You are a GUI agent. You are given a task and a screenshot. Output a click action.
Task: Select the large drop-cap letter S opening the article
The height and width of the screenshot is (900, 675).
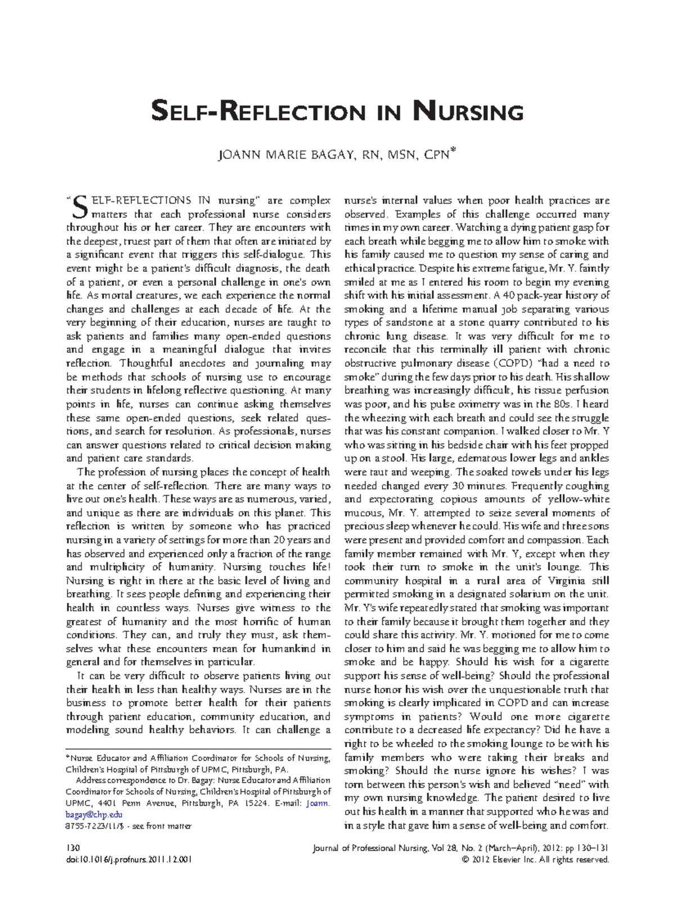(x=80, y=207)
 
